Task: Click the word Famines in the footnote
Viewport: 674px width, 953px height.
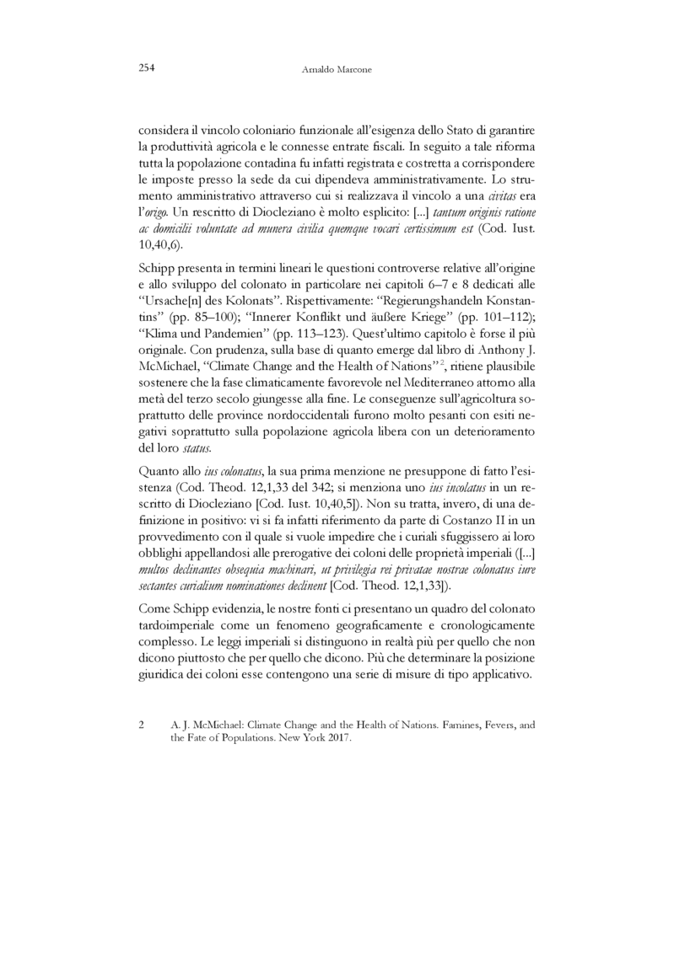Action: point(479,724)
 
